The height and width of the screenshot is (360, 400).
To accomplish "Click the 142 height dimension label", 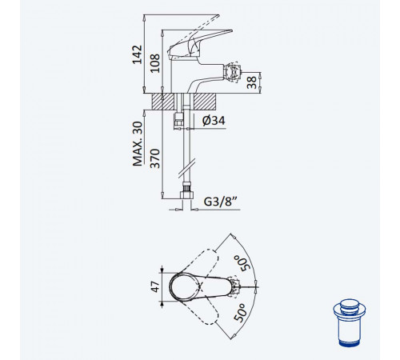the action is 138,54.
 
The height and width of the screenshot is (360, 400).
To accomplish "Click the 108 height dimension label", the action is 154,63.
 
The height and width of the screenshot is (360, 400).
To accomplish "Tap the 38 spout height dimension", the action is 251,82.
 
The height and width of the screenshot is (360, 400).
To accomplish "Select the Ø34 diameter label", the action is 214,121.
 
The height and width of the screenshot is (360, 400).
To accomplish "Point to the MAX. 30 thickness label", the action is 138,144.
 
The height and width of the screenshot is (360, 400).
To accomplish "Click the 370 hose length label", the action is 154,158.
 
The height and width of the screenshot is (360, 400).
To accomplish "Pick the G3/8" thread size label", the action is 221,202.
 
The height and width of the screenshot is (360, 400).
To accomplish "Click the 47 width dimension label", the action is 155,286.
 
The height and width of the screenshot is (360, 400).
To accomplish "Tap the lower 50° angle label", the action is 240,313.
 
